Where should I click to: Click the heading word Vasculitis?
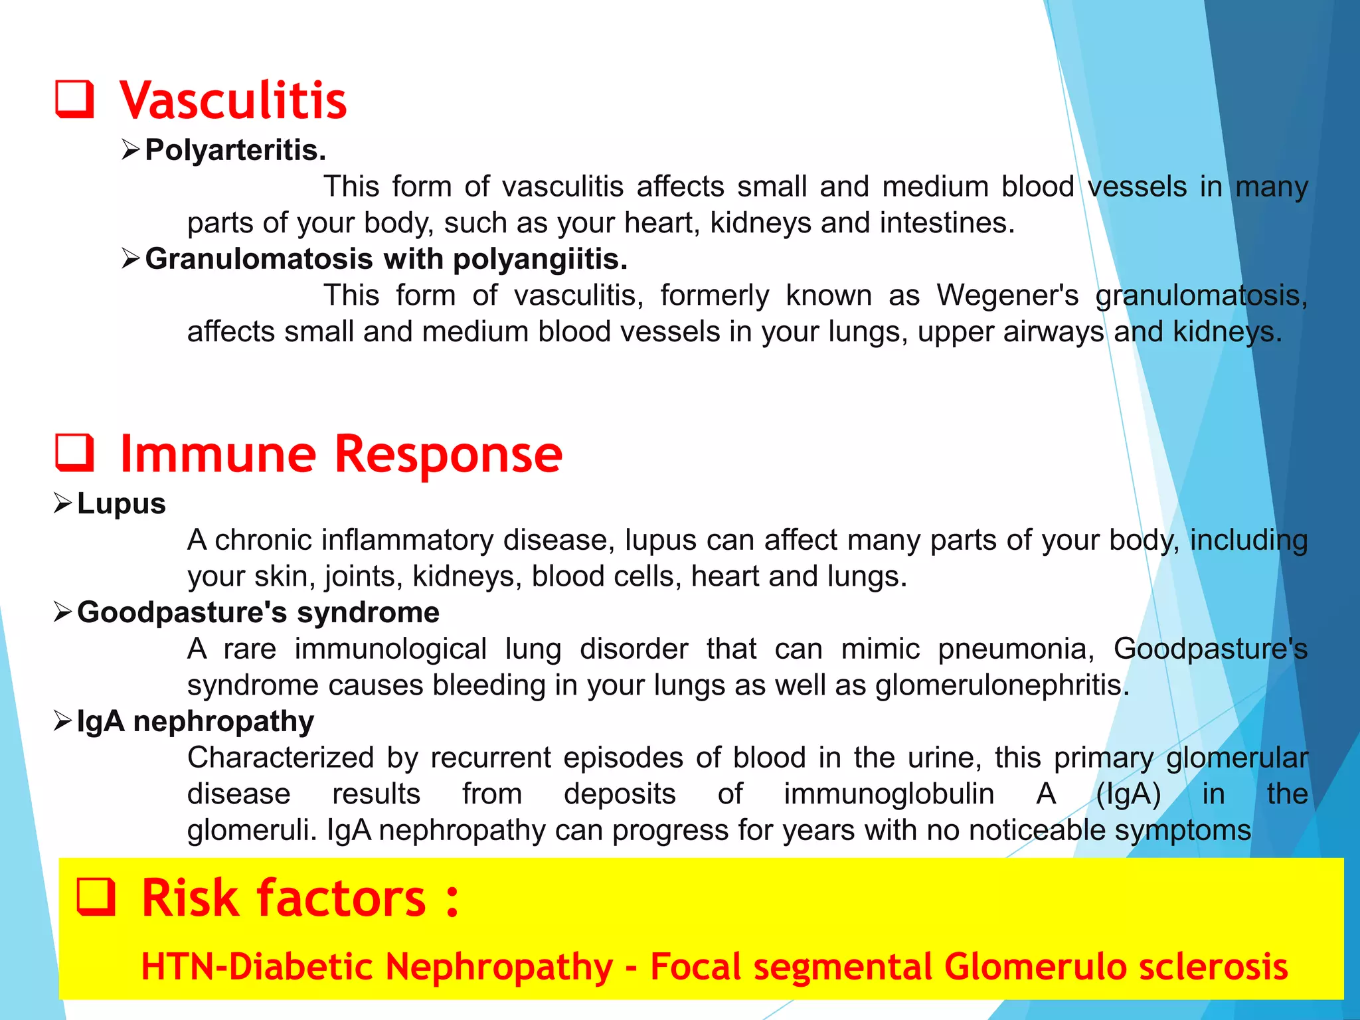233,101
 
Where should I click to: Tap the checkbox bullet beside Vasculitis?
74,100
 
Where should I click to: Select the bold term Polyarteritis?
235,150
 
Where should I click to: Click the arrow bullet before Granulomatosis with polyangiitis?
131,258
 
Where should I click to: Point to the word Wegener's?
1007,296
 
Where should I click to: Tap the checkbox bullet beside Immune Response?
74,453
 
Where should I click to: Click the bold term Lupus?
122,504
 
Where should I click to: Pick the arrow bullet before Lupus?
62,503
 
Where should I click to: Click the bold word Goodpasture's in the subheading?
181,612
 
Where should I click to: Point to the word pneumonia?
1015,649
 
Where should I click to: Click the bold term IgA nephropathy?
195,721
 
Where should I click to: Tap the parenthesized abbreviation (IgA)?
1128,794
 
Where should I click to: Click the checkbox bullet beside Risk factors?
96,897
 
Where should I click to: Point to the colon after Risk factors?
452,900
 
